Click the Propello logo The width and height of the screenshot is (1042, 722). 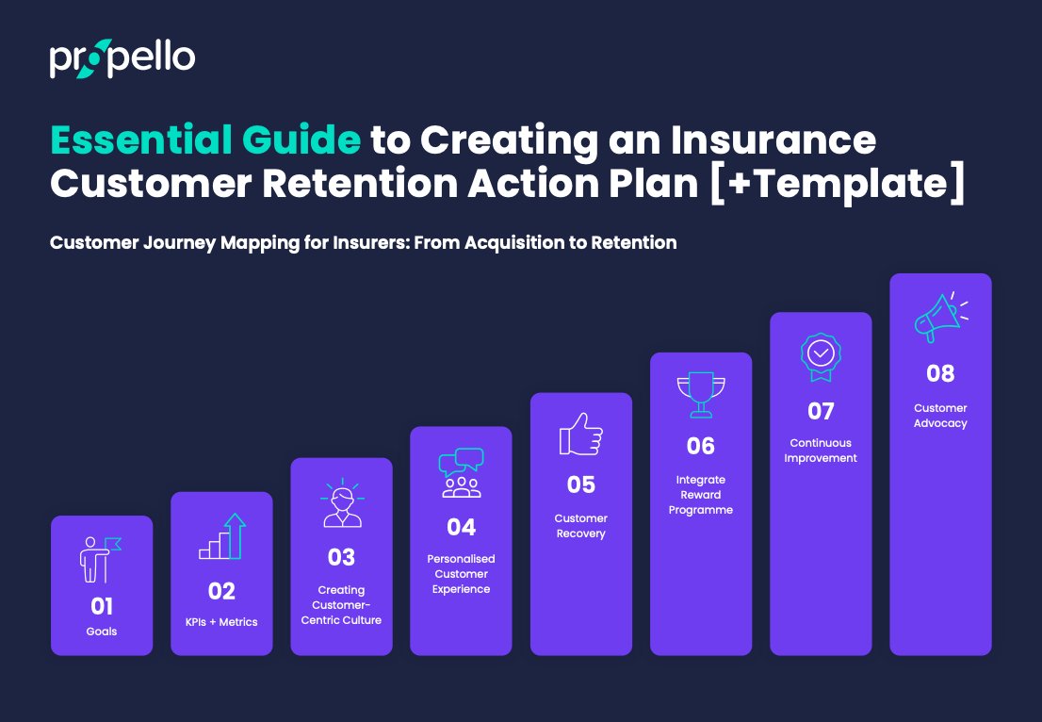(x=122, y=58)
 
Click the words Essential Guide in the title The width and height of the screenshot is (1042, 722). (x=205, y=140)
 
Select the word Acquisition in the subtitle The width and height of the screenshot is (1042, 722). (x=505, y=242)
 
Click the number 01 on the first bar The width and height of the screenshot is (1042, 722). (x=102, y=605)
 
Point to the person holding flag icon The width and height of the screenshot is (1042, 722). (x=100, y=560)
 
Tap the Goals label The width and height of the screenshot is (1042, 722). (x=102, y=632)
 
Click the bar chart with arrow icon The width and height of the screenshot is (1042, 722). (x=221, y=536)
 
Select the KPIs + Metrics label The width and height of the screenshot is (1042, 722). (x=221, y=622)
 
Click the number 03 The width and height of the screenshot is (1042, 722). (x=341, y=557)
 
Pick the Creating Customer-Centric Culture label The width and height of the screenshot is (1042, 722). (x=341, y=605)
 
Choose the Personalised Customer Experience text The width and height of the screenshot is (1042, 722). (x=461, y=574)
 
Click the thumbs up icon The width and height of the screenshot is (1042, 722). (x=580, y=435)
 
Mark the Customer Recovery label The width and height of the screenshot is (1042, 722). (x=580, y=526)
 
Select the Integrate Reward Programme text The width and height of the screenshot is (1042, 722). (x=701, y=495)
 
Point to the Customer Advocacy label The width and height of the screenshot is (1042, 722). (x=940, y=416)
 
